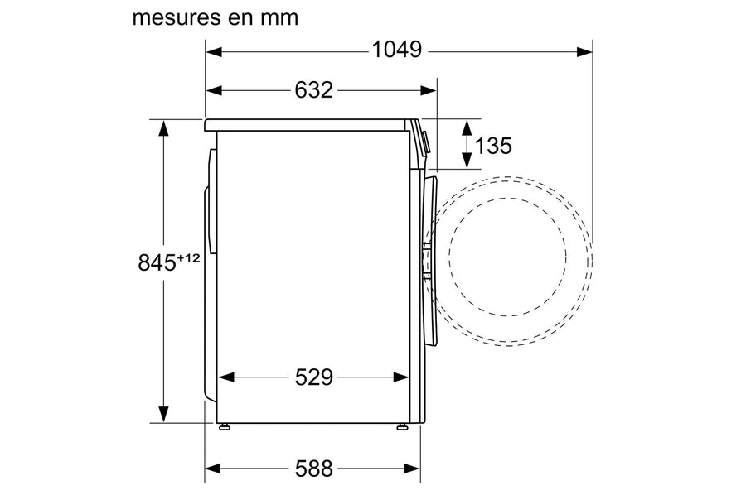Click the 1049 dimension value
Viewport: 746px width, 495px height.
click(396, 50)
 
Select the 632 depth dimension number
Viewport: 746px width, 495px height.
click(313, 89)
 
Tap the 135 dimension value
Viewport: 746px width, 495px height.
click(493, 146)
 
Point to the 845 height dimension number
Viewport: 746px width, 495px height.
click(157, 262)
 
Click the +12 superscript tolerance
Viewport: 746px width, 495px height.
click(188, 258)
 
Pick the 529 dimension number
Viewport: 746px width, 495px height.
click(314, 377)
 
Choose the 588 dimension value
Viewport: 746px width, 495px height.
click(314, 469)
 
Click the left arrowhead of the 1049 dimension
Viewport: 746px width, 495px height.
click(214, 51)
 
